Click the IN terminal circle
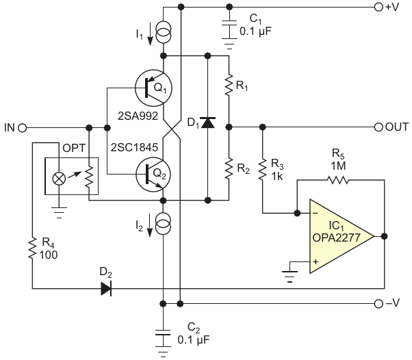point(23,128)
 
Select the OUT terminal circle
point(378,127)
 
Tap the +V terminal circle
point(378,7)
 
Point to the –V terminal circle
point(378,304)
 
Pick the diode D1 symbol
point(208,123)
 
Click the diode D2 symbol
point(106,288)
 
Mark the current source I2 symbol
point(164,224)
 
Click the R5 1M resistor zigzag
point(338,180)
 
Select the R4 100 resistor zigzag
point(32,248)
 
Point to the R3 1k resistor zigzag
point(262,170)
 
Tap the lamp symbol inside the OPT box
point(59,179)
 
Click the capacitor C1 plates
point(229,23)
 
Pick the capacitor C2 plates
point(163,333)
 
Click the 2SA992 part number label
point(138,116)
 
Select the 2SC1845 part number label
point(134,147)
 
